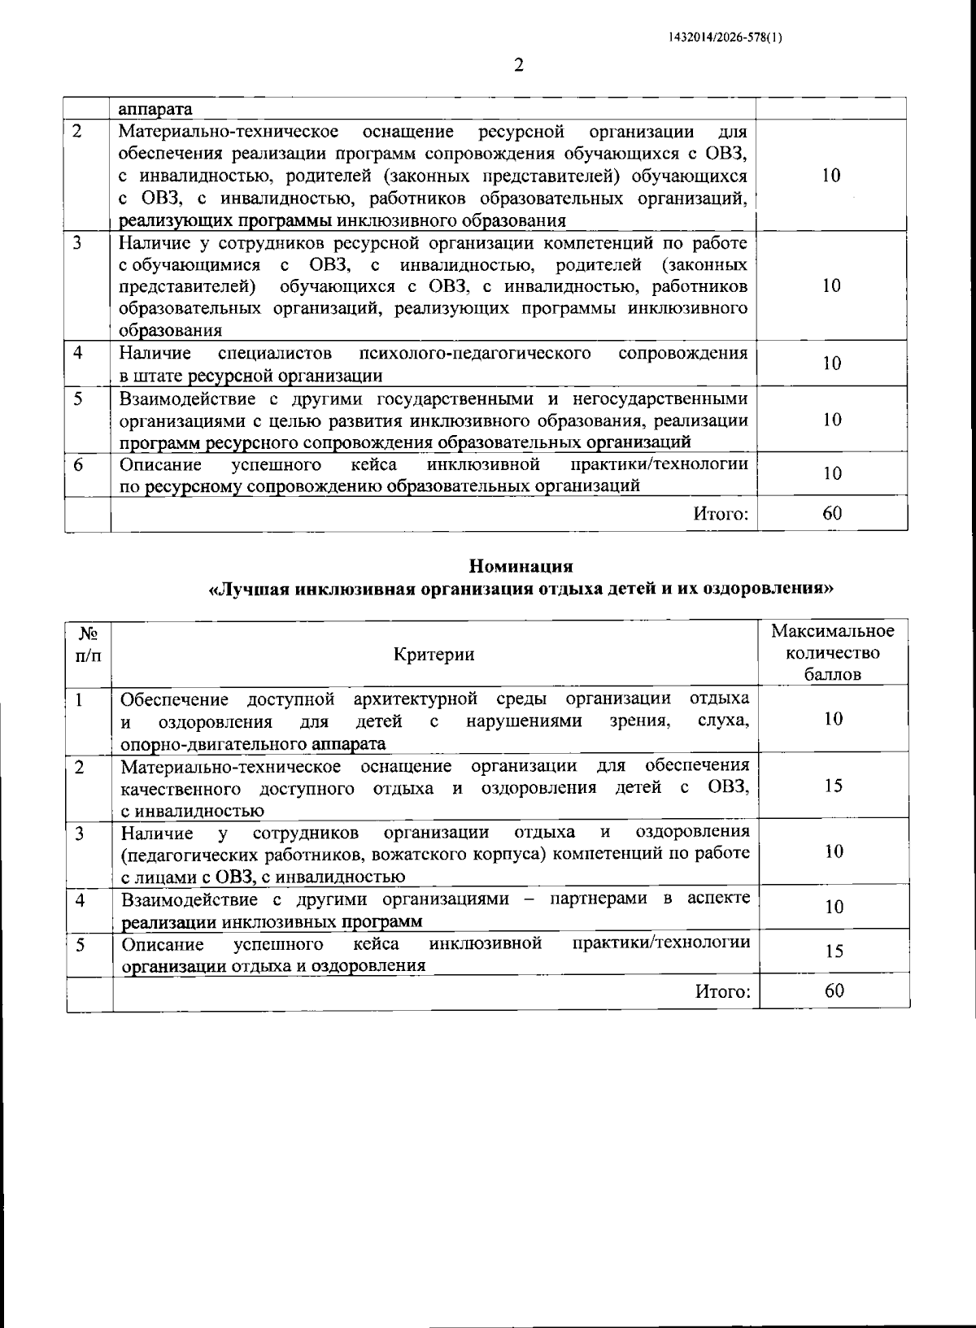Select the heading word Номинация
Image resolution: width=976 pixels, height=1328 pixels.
tap(521, 566)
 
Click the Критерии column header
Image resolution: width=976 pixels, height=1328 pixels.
tap(434, 655)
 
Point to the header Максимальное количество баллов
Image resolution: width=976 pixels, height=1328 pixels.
tap(832, 653)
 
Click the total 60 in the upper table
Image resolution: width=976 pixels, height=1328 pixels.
tap(832, 513)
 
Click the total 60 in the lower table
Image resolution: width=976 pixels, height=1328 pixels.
tap(834, 991)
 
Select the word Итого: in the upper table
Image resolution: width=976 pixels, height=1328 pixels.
tap(721, 514)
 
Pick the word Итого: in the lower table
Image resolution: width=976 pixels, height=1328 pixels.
tap(722, 991)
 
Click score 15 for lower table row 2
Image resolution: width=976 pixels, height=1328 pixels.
tap(834, 786)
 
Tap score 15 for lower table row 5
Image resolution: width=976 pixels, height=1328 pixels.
tap(834, 951)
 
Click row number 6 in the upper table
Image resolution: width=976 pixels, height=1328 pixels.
tap(78, 464)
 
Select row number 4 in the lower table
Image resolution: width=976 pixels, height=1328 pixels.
tap(80, 899)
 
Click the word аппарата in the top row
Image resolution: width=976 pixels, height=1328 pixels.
tap(155, 109)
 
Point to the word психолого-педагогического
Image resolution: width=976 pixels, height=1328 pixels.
tap(474, 353)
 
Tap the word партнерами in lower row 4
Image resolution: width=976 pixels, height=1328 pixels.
tap(599, 899)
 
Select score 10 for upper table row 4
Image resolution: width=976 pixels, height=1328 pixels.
tap(831, 364)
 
